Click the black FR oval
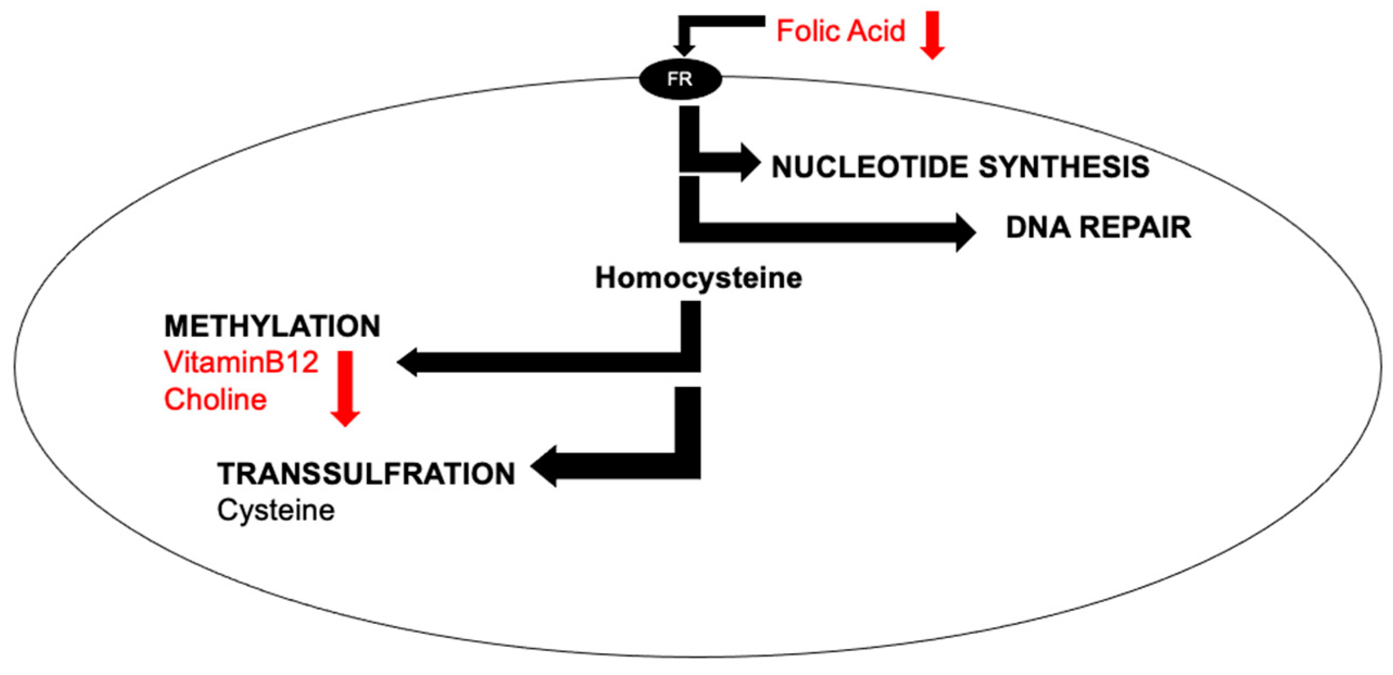click(680, 79)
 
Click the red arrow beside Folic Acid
click(932, 35)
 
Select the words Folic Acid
click(840, 31)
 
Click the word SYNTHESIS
click(1064, 167)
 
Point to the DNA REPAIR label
click(1098, 227)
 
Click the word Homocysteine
click(698, 278)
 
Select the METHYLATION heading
click(272, 326)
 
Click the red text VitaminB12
click(241, 362)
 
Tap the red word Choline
click(215, 400)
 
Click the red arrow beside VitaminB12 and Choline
click(345, 389)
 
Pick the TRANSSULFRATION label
click(366, 473)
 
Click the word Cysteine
click(276, 510)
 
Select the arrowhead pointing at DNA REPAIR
click(966, 233)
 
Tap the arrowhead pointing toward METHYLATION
click(407, 362)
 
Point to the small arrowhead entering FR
click(684, 50)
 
